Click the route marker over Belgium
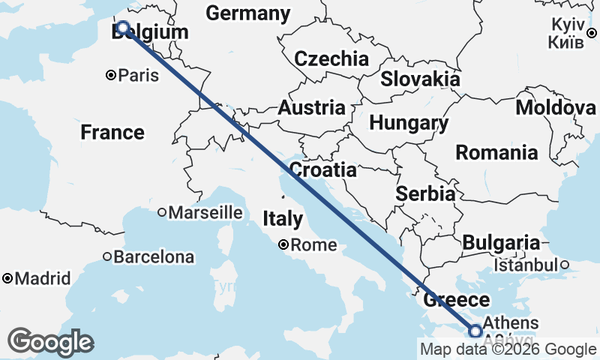[x=123, y=29]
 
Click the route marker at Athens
[x=475, y=330]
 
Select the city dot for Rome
[x=283, y=244]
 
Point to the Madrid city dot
[x=7, y=278]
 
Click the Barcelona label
[x=153, y=257]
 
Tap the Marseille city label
[x=205, y=213]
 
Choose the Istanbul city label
[x=526, y=265]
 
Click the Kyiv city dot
[x=591, y=32]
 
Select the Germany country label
[x=247, y=13]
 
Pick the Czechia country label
[x=331, y=59]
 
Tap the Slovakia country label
[x=420, y=79]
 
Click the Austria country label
[x=311, y=108]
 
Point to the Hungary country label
[x=409, y=123]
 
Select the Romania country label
[x=496, y=153]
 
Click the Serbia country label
[x=425, y=193]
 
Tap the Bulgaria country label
[x=501, y=243]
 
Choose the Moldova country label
[x=556, y=108]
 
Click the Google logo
[x=50, y=342]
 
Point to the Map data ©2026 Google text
[x=508, y=349]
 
